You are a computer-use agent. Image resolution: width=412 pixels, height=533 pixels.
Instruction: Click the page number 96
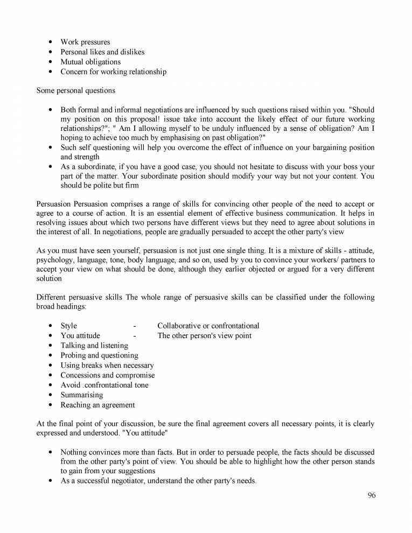point(372,495)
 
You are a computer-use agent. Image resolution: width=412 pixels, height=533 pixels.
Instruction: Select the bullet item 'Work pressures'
point(85,42)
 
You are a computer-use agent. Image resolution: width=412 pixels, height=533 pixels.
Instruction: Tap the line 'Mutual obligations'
point(90,62)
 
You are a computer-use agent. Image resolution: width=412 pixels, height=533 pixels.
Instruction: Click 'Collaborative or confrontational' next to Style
point(208,326)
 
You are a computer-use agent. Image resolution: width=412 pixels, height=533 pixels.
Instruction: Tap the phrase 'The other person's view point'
point(204,336)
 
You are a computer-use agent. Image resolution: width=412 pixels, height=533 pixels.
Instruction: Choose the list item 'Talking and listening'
point(94,346)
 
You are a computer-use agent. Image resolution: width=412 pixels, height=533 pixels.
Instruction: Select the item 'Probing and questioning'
point(99,355)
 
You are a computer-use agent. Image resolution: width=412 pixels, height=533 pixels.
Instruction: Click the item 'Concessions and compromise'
point(107,375)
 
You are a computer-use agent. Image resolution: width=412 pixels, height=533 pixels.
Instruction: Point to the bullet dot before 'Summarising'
point(50,395)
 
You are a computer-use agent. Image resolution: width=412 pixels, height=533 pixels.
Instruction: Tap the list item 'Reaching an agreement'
point(97,405)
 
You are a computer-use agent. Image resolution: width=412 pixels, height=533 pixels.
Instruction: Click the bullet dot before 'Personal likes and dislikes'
point(50,52)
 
